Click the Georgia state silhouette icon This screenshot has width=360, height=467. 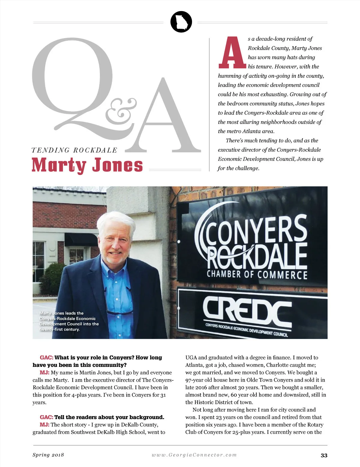(x=181, y=22)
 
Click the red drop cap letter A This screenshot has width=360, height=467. (x=232, y=53)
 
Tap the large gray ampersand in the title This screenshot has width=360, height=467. (x=120, y=111)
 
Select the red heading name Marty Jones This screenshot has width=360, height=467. (x=87, y=165)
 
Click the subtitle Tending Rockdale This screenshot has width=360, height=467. (x=74, y=150)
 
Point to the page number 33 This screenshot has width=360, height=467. (x=324, y=455)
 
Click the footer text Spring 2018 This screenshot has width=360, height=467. (x=48, y=455)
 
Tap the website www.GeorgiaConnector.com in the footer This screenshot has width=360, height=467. (x=194, y=455)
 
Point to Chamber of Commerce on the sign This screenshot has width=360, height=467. (x=257, y=275)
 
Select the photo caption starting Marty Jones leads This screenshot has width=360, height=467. (x=69, y=321)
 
